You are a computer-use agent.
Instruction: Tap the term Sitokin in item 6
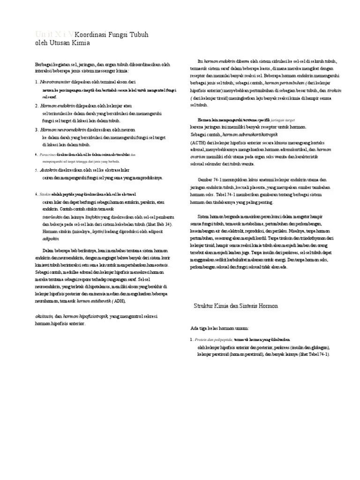(45, 194)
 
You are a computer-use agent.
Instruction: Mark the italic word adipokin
(51, 238)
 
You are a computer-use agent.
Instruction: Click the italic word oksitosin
(45, 316)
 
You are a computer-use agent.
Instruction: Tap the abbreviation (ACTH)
(197, 142)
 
